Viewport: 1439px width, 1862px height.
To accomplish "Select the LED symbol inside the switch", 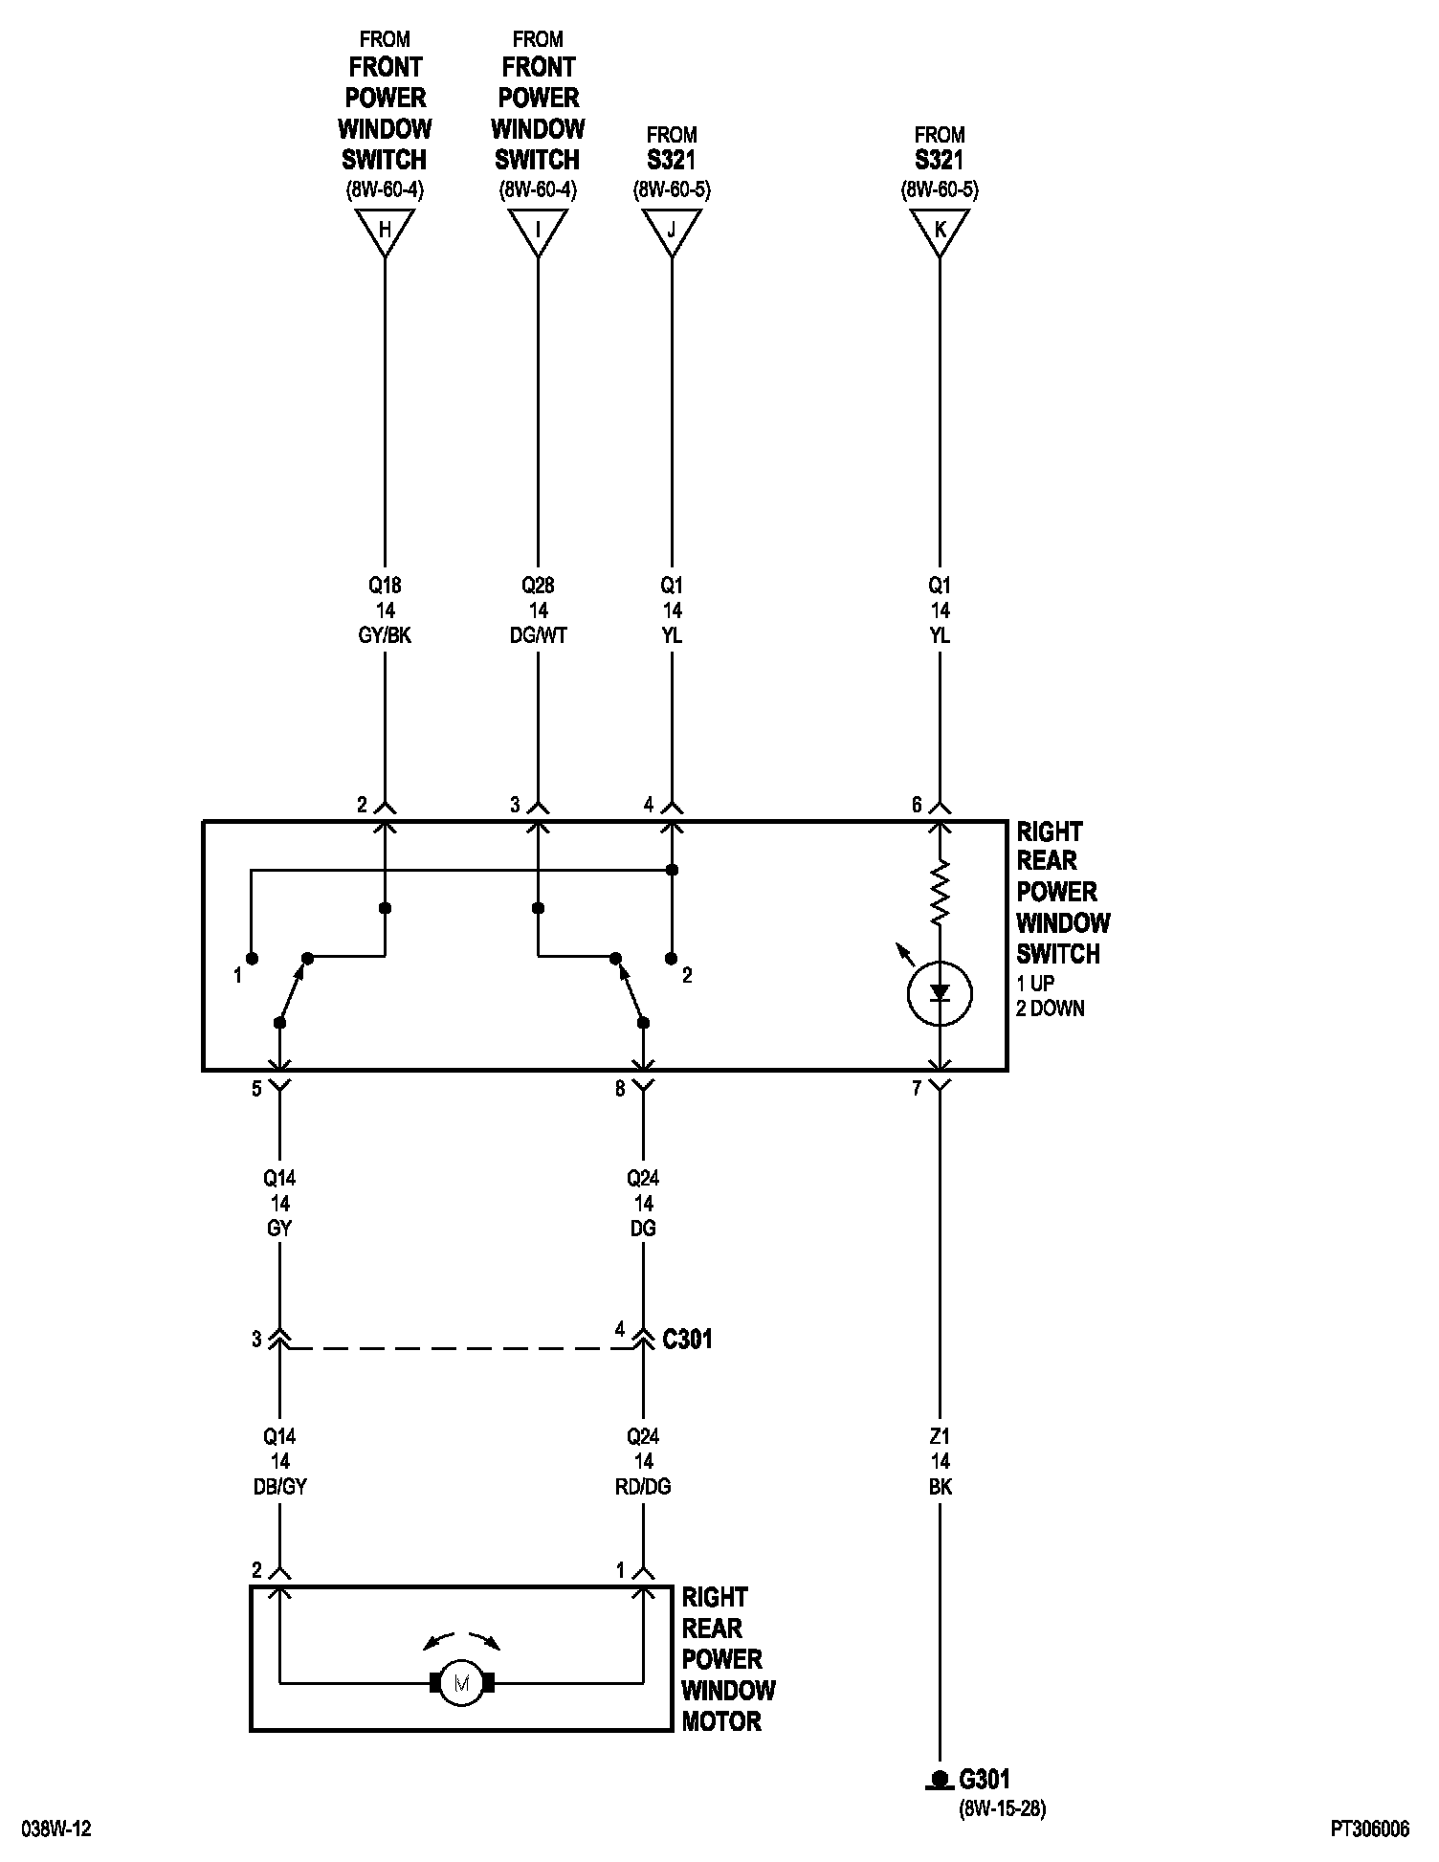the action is coord(940,993).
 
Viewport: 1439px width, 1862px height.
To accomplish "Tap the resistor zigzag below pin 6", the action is coord(940,892).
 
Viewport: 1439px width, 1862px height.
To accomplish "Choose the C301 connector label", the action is coord(687,1339).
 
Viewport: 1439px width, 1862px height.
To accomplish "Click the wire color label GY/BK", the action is coord(385,635).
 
